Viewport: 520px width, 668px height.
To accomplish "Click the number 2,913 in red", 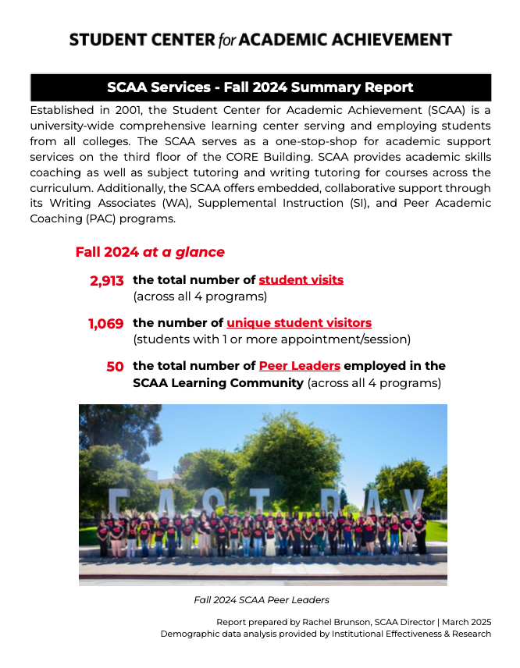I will point(107,281).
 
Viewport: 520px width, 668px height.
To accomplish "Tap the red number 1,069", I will point(105,324).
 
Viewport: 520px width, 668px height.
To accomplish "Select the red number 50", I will point(115,367).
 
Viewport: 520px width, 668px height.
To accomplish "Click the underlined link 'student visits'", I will point(301,279).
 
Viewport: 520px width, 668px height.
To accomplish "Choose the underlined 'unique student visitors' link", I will point(299,322).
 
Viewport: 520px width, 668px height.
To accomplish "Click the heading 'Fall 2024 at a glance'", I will point(150,252).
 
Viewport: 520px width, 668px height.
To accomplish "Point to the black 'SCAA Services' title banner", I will point(260,87).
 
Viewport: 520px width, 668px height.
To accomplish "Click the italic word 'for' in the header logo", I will point(225,41).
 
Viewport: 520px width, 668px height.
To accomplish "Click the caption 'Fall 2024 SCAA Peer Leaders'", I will point(262,600).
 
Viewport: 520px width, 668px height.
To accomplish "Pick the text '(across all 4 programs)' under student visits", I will point(200,297).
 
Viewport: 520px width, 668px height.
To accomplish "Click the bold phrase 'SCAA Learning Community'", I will point(218,383).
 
